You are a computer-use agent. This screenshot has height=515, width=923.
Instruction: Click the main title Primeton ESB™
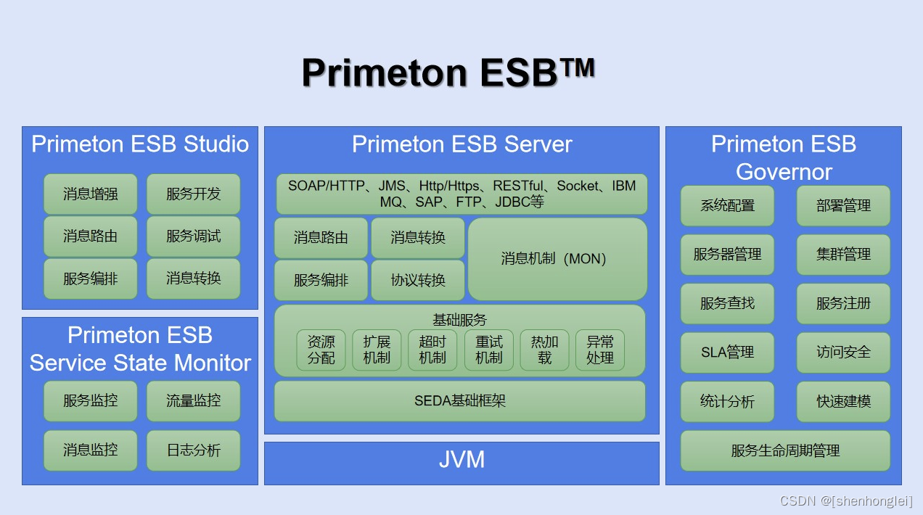tap(448, 72)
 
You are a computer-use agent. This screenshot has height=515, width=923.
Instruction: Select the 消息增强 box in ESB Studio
tap(90, 194)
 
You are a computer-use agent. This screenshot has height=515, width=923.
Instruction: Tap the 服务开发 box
tap(193, 194)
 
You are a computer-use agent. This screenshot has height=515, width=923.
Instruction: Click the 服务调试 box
tap(193, 236)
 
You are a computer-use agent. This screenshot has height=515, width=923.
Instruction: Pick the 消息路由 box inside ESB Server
tap(321, 237)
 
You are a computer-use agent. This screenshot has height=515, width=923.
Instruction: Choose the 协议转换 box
tap(418, 280)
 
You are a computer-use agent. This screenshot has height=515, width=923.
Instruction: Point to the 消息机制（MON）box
tap(557, 259)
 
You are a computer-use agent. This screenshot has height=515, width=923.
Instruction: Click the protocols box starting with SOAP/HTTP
tap(461, 194)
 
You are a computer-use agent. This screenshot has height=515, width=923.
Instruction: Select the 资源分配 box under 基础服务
tap(321, 350)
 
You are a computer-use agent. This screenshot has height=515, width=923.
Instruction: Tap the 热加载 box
tap(544, 350)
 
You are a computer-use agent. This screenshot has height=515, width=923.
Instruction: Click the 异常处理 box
tap(600, 350)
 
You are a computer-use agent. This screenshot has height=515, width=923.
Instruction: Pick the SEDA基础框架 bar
tap(459, 400)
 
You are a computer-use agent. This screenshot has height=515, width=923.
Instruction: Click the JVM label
tap(461, 460)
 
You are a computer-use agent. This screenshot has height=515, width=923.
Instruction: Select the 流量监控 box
tap(193, 400)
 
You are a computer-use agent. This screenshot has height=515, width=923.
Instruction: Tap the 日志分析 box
tap(193, 450)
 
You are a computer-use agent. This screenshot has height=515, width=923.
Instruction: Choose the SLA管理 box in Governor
tap(727, 353)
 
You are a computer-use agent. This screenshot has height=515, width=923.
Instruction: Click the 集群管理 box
tap(843, 255)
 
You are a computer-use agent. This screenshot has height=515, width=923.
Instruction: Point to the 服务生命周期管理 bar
tap(785, 450)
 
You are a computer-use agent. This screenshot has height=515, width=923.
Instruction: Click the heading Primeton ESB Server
tap(461, 144)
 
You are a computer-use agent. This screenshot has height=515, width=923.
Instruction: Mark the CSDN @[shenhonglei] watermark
tap(846, 501)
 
